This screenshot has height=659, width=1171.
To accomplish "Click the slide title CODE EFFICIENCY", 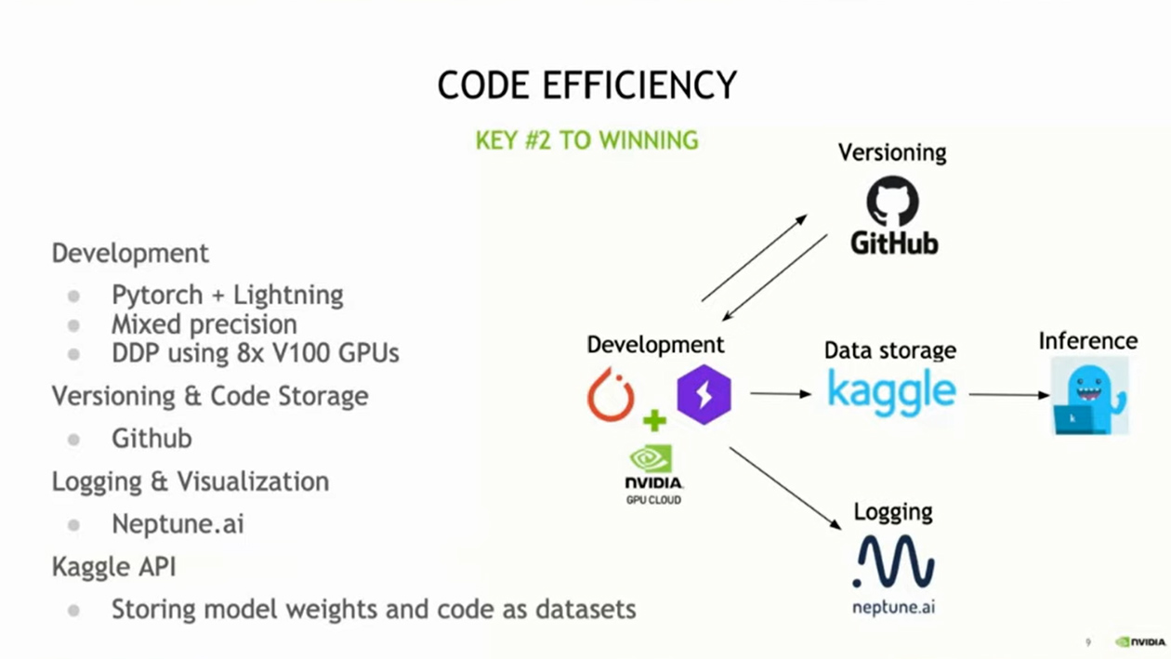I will pyautogui.click(x=586, y=86).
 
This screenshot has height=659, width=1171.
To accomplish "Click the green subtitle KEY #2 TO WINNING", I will pyautogui.click(x=586, y=140).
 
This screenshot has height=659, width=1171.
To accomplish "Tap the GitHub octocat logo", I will pyautogui.click(x=893, y=202).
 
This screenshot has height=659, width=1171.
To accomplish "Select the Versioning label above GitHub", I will pyautogui.click(x=892, y=152).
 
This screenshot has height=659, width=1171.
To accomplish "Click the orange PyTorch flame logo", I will pyautogui.click(x=611, y=394).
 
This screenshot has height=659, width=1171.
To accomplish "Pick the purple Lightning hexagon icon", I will pyautogui.click(x=704, y=394).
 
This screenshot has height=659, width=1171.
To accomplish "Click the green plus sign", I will pyautogui.click(x=654, y=421).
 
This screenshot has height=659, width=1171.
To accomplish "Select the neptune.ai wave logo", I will pyautogui.click(x=893, y=563).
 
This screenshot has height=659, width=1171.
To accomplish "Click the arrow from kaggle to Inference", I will pyautogui.click(x=1008, y=394).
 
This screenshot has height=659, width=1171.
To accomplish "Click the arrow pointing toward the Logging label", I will pyautogui.click(x=784, y=488).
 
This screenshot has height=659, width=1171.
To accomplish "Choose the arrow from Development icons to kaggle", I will pyautogui.click(x=780, y=394).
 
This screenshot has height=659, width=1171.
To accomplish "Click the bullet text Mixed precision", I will pyautogui.click(x=204, y=324).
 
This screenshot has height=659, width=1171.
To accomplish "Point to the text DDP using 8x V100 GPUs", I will pyautogui.click(x=255, y=353).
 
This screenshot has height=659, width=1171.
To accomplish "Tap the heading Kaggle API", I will pyautogui.click(x=113, y=566).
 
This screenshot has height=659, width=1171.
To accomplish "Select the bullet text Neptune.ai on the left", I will pyautogui.click(x=178, y=524).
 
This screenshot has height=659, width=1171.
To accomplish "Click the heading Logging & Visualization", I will pyautogui.click(x=190, y=481).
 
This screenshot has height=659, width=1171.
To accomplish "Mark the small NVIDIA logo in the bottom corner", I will pyautogui.click(x=1140, y=641).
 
